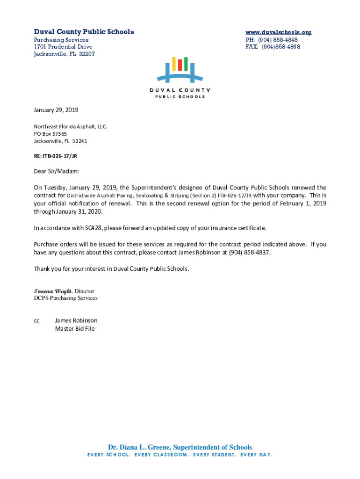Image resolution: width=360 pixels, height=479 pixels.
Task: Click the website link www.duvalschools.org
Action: pos(278,32)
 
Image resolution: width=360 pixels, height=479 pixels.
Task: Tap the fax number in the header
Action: pos(281,47)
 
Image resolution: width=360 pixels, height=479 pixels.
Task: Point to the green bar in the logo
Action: pos(186,64)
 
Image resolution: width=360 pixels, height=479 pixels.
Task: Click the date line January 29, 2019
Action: pos(56,110)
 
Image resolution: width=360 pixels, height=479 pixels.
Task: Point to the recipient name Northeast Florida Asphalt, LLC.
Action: pos(70,127)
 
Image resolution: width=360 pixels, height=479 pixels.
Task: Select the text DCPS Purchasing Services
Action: pos(65,298)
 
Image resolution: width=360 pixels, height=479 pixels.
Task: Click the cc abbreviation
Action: pos(36,321)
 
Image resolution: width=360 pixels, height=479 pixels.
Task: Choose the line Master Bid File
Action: pos(74,329)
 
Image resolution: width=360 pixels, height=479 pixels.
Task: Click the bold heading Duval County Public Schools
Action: pos(84,32)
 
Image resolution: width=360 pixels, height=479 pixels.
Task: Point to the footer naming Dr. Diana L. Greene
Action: pos(180,447)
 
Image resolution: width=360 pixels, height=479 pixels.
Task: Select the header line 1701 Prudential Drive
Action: pos(63,47)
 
